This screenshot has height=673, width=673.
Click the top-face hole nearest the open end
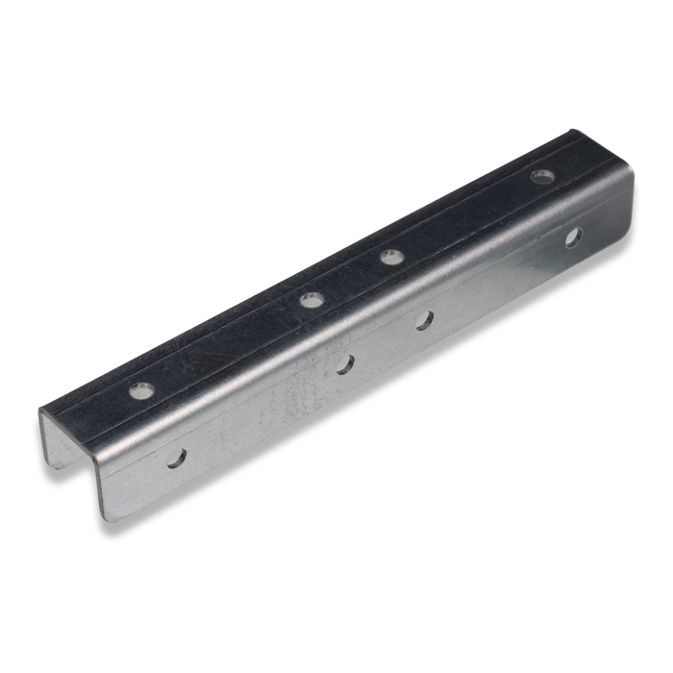(141, 391)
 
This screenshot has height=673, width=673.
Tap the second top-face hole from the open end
(311, 300)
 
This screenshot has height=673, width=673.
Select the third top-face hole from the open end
(389, 257)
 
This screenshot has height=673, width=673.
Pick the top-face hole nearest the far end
(543, 177)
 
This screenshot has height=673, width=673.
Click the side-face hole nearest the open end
(177, 458)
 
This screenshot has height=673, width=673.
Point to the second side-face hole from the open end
(345, 364)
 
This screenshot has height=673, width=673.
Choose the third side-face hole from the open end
(424, 320)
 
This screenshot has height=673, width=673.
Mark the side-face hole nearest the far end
(573, 236)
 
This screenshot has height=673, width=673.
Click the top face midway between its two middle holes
(350, 279)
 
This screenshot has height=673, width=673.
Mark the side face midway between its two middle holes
(385, 342)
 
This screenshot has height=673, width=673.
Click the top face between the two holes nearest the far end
(466, 217)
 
